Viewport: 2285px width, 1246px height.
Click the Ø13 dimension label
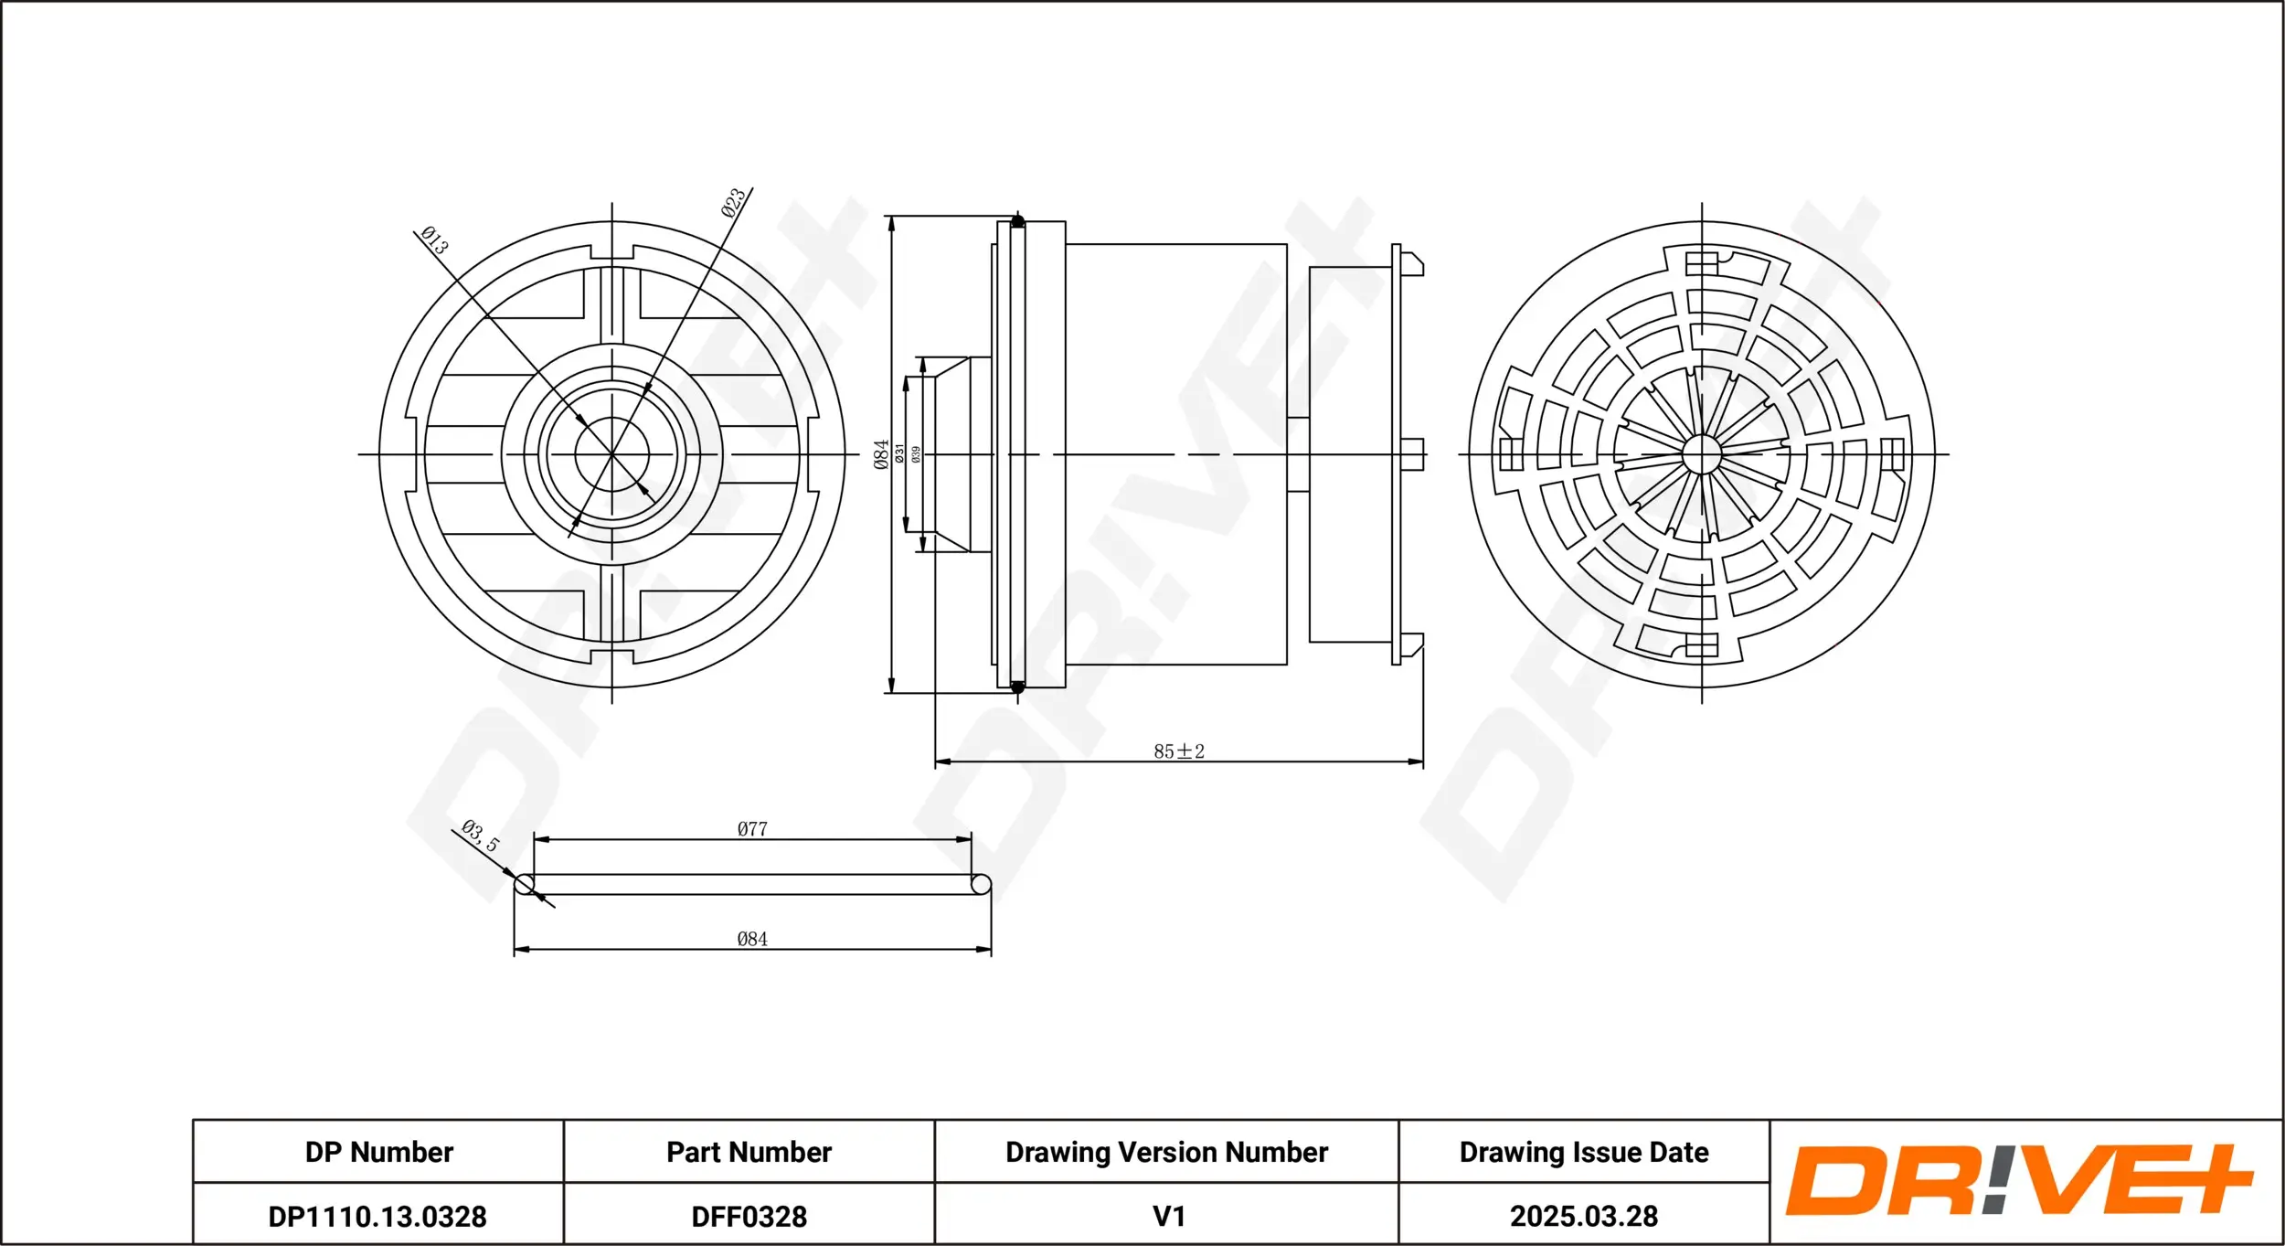click(x=435, y=240)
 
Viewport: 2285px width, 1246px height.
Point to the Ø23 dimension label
click(x=733, y=203)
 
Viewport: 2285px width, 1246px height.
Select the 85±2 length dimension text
click(x=1179, y=751)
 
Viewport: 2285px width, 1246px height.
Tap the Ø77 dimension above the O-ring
click(x=752, y=829)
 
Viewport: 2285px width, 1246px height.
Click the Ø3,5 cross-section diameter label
click(x=481, y=836)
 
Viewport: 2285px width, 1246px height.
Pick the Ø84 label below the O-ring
click(x=752, y=939)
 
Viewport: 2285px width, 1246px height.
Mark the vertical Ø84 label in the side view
click(x=881, y=454)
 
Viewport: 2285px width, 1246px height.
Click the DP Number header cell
click(x=379, y=1152)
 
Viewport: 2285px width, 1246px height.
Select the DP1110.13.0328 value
click(x=377, y=1217)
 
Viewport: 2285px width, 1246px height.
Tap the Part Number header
click(x=749, y=1152)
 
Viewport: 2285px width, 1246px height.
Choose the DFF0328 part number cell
click(x=749, y=1217)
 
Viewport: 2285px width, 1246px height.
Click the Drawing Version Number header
click(x=1167, y=1152)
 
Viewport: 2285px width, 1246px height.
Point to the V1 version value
click(x=1169, y=1217)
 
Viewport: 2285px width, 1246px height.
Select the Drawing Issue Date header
click(x=1584, y=1152)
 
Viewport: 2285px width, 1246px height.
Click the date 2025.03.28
click(x=1584, y=1217)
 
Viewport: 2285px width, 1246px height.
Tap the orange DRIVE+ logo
click(x=2020, y=1180)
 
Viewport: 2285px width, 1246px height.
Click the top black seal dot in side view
click(x=1017, y=221)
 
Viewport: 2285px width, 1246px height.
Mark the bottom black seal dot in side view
click(x=1017, y=687)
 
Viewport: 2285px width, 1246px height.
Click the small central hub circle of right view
click(x=1702, y=454)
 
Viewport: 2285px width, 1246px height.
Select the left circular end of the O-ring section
click(x=525, y=884)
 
